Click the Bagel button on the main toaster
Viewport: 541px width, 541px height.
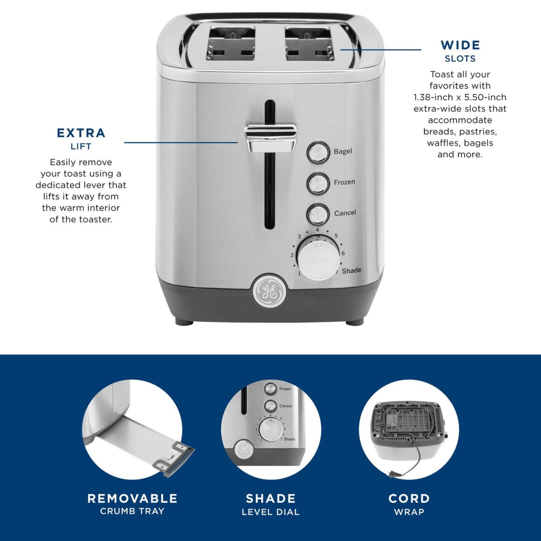(318, 152)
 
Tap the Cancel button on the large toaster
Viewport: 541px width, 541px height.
(318, 214)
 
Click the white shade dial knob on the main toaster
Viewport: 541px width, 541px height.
(318, 258)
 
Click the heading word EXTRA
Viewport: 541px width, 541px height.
(81, 133)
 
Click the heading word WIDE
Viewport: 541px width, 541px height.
(460, 45)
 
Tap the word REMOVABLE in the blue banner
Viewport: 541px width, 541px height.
(132, 498)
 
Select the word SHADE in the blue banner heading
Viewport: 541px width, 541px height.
(270, 498)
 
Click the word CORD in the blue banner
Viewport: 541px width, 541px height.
(409, 498)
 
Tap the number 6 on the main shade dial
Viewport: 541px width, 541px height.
(343, 253)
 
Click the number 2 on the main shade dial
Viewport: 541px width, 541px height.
(292, 255)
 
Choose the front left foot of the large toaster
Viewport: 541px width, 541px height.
(184, 321)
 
